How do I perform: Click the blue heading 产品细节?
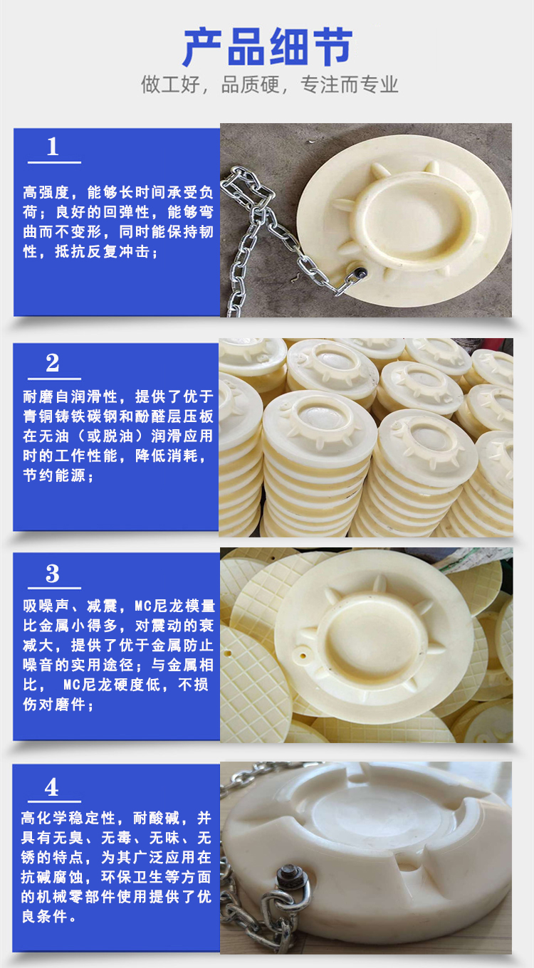[x=268, y=47]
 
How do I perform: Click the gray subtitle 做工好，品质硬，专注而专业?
[x=269, y=84]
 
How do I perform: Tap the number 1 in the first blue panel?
[x=53, y=147]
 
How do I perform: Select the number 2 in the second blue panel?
[x=53, y=362]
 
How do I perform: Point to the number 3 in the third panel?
[x=53, y=574]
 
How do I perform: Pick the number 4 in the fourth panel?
[x=51, y=787]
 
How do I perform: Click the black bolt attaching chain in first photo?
[x=360, y=273]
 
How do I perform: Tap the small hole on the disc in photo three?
[x=303, y=656]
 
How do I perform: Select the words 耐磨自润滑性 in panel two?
[x=70, y=396]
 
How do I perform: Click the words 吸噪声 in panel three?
[x=46, y=606]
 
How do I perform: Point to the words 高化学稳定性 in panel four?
[x=68, y=818]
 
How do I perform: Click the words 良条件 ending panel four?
[x=44, y=917]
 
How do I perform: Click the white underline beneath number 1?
[x=55, y=162]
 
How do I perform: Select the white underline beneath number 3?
[x=55, y=588]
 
